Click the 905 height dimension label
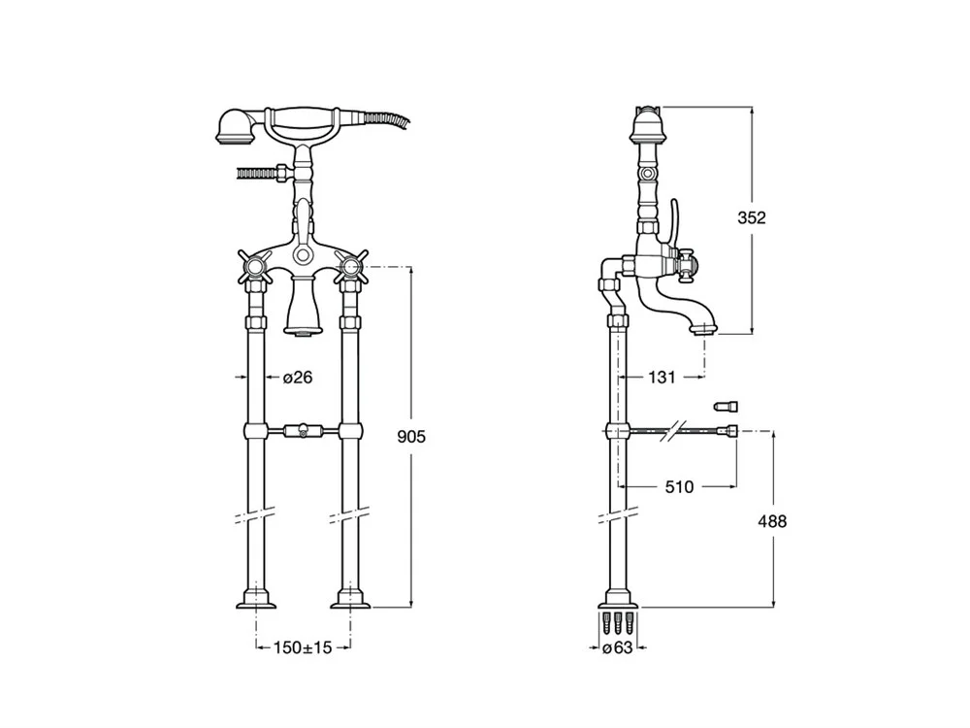coord(411,437)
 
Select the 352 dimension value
coord(752,217)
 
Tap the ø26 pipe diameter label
coord(298,377)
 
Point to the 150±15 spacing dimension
coord(303,647)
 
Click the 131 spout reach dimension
coord(662,377)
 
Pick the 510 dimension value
coord(679,487)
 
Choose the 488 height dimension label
coord(772,522)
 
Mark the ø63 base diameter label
coord(618,648)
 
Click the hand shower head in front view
coord(234,127)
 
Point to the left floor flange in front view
coord(256,599)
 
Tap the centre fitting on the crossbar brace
coord(303,430)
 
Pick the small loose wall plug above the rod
coord(726,406)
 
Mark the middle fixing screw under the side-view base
coord(618,623)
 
